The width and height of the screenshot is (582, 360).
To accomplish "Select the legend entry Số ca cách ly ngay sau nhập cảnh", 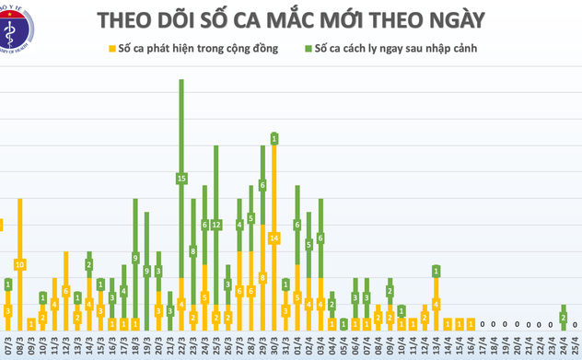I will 395,48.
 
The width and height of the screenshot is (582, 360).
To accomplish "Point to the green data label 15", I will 181,178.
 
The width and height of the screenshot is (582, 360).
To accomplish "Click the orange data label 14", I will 274,238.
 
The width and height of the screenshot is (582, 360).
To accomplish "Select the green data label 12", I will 216,225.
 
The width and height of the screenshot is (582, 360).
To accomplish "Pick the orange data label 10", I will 19,264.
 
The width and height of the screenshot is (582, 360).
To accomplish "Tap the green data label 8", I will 193,250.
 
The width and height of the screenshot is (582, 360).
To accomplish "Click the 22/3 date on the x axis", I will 180,347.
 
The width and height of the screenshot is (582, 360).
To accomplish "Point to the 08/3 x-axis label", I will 18,347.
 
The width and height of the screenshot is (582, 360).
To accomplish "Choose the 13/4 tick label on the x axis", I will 435,347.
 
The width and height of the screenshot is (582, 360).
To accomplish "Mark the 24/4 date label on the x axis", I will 562,347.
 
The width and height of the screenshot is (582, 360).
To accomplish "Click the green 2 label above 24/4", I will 563,318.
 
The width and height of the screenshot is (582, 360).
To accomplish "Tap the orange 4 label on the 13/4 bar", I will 436,304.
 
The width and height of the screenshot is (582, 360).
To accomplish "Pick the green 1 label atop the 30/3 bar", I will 274,138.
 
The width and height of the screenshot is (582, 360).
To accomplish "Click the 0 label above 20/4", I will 516,324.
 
